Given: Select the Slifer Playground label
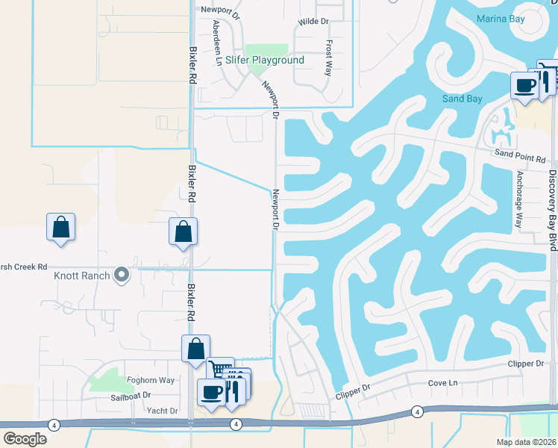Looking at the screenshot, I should point(266,60).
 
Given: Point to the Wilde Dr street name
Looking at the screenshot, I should point(313,22).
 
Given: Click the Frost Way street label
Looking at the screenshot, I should point(328,58).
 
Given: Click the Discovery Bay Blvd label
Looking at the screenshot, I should point(553,202).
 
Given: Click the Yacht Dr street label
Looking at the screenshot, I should point(162,411).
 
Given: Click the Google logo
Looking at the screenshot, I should point(25,439).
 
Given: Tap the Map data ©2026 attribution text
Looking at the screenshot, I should point(525,442).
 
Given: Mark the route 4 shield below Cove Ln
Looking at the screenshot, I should point(417,411).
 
